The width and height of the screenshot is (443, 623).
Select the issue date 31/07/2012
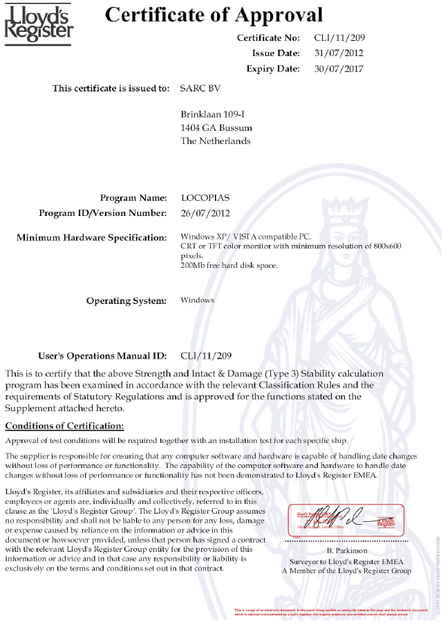tap(339, 53)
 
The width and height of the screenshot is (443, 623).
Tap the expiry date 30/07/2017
tap(339, 69)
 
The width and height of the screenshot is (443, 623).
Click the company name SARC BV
tap(199, 89)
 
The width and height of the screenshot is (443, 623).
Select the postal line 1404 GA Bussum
tap(216, 127)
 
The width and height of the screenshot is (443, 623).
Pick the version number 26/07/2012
tap(205, 213)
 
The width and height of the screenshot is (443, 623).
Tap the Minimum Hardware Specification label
tap(91, 237)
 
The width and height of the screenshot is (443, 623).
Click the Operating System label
tap(126, 300)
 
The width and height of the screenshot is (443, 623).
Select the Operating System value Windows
tap(197, 300)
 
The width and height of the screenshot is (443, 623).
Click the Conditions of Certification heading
tap(64, 425)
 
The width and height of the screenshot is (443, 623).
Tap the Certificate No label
tap(268, 37)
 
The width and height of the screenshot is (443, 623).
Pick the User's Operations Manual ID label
tap(102, 356)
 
